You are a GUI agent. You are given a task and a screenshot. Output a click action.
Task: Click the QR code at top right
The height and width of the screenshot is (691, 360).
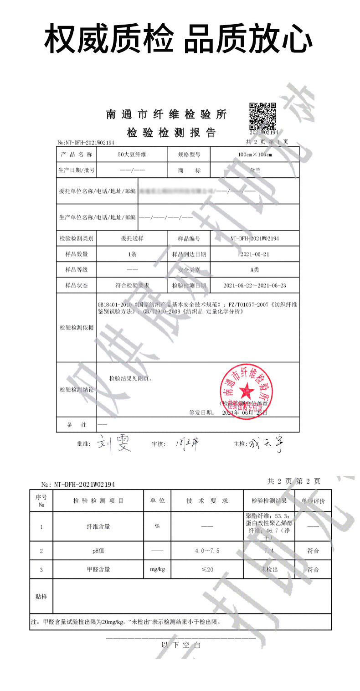tap(263, 116)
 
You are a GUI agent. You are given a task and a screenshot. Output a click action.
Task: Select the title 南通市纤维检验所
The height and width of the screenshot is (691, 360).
tap(166, 114)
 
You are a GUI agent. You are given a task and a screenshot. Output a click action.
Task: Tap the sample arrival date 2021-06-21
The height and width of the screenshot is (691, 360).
tap(255, 254)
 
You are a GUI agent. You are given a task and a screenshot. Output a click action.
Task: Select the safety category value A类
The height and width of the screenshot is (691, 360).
tap(254, 270)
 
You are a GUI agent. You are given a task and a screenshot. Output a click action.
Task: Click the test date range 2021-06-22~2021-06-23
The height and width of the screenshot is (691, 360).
tap(255, 286)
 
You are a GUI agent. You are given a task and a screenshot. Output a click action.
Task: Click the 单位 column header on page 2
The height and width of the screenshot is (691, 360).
tap(157, 501)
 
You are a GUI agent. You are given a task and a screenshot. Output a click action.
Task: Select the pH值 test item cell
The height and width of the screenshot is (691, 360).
tap(98, 551)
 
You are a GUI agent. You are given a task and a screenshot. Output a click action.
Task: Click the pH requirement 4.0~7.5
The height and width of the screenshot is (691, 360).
tap(207, 551)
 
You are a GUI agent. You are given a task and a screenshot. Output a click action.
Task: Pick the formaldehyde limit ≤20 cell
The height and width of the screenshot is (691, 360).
tap(207, 569)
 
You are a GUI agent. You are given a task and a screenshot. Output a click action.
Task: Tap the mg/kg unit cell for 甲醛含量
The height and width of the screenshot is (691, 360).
tap(157, 569)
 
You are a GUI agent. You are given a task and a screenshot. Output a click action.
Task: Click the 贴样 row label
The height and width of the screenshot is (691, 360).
tap(41, 596)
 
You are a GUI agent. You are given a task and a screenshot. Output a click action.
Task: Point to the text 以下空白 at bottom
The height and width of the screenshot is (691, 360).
tap(181, 645)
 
